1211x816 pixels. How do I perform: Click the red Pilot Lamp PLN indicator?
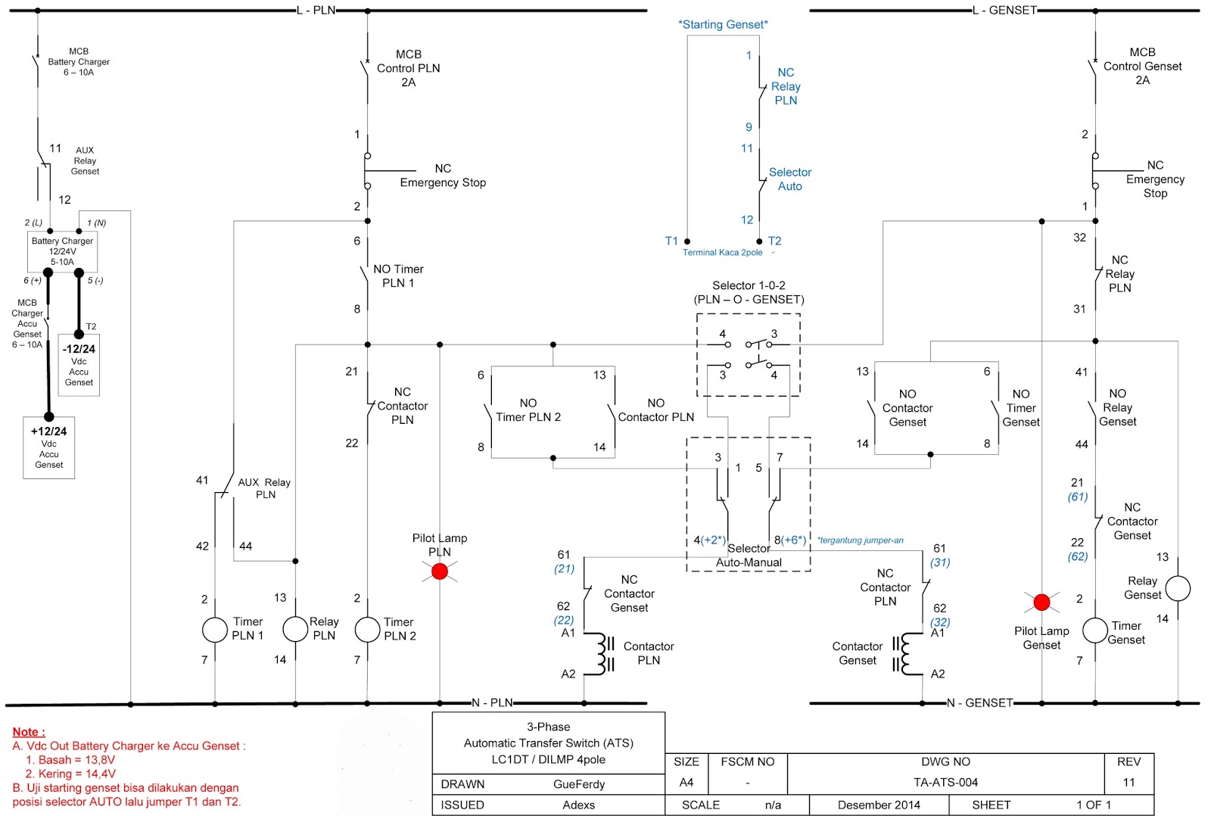coord(440,572)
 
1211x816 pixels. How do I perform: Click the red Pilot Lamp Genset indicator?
coord(1041,603)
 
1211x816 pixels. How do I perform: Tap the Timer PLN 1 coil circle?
coord(215,630)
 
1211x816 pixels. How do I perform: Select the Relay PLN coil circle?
coord(295,629)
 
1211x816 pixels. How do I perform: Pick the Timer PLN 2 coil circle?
coord(367,630)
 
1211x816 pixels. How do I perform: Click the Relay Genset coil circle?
coord(1178,588)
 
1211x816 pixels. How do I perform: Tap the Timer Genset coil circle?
coord(1095,631)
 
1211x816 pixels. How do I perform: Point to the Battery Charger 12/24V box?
coord(62,251)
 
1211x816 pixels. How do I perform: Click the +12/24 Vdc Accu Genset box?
coord(49,447)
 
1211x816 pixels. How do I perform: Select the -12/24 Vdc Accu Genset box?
coord(79,365)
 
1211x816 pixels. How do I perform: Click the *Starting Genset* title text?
coord(723,24)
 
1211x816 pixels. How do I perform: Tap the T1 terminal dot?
coord(687,241)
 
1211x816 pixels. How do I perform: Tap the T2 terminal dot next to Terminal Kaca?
coord(759,241)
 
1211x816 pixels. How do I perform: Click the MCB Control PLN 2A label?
coord(408,68)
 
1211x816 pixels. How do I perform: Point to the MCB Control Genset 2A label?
coord(1142,67)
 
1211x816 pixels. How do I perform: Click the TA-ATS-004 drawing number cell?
coord(945,783)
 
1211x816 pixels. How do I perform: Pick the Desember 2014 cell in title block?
coord(879,805)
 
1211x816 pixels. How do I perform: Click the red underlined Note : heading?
coord(29,732)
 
